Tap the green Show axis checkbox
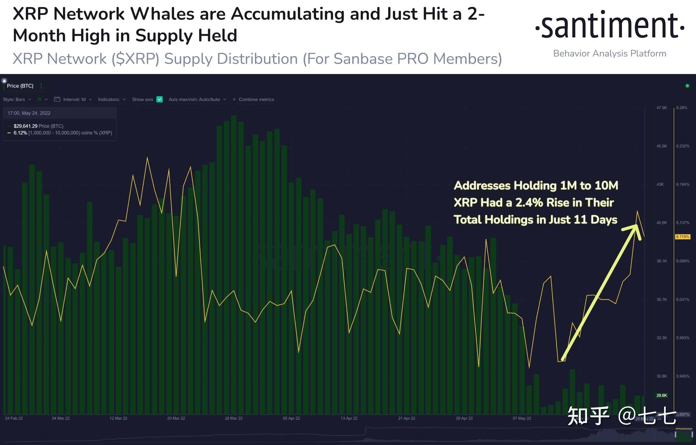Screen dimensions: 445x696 [159, 99]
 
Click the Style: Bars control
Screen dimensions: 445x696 [17, 99]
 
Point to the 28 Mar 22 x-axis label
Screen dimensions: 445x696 [234, 418]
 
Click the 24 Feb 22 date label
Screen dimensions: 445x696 [14, 418]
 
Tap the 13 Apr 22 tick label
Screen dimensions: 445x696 [349, 418]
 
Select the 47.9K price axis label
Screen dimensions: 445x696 [661, 108]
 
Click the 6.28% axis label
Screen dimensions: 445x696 [681, 108]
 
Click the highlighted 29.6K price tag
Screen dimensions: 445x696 [662, 395]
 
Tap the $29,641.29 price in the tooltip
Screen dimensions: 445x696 [26, 126]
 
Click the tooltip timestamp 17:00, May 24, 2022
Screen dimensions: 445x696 [29, 113]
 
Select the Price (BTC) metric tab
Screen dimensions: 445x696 [20, 86]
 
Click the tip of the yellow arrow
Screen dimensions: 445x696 [637, 225]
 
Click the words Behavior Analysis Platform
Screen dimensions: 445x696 [609, 54]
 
